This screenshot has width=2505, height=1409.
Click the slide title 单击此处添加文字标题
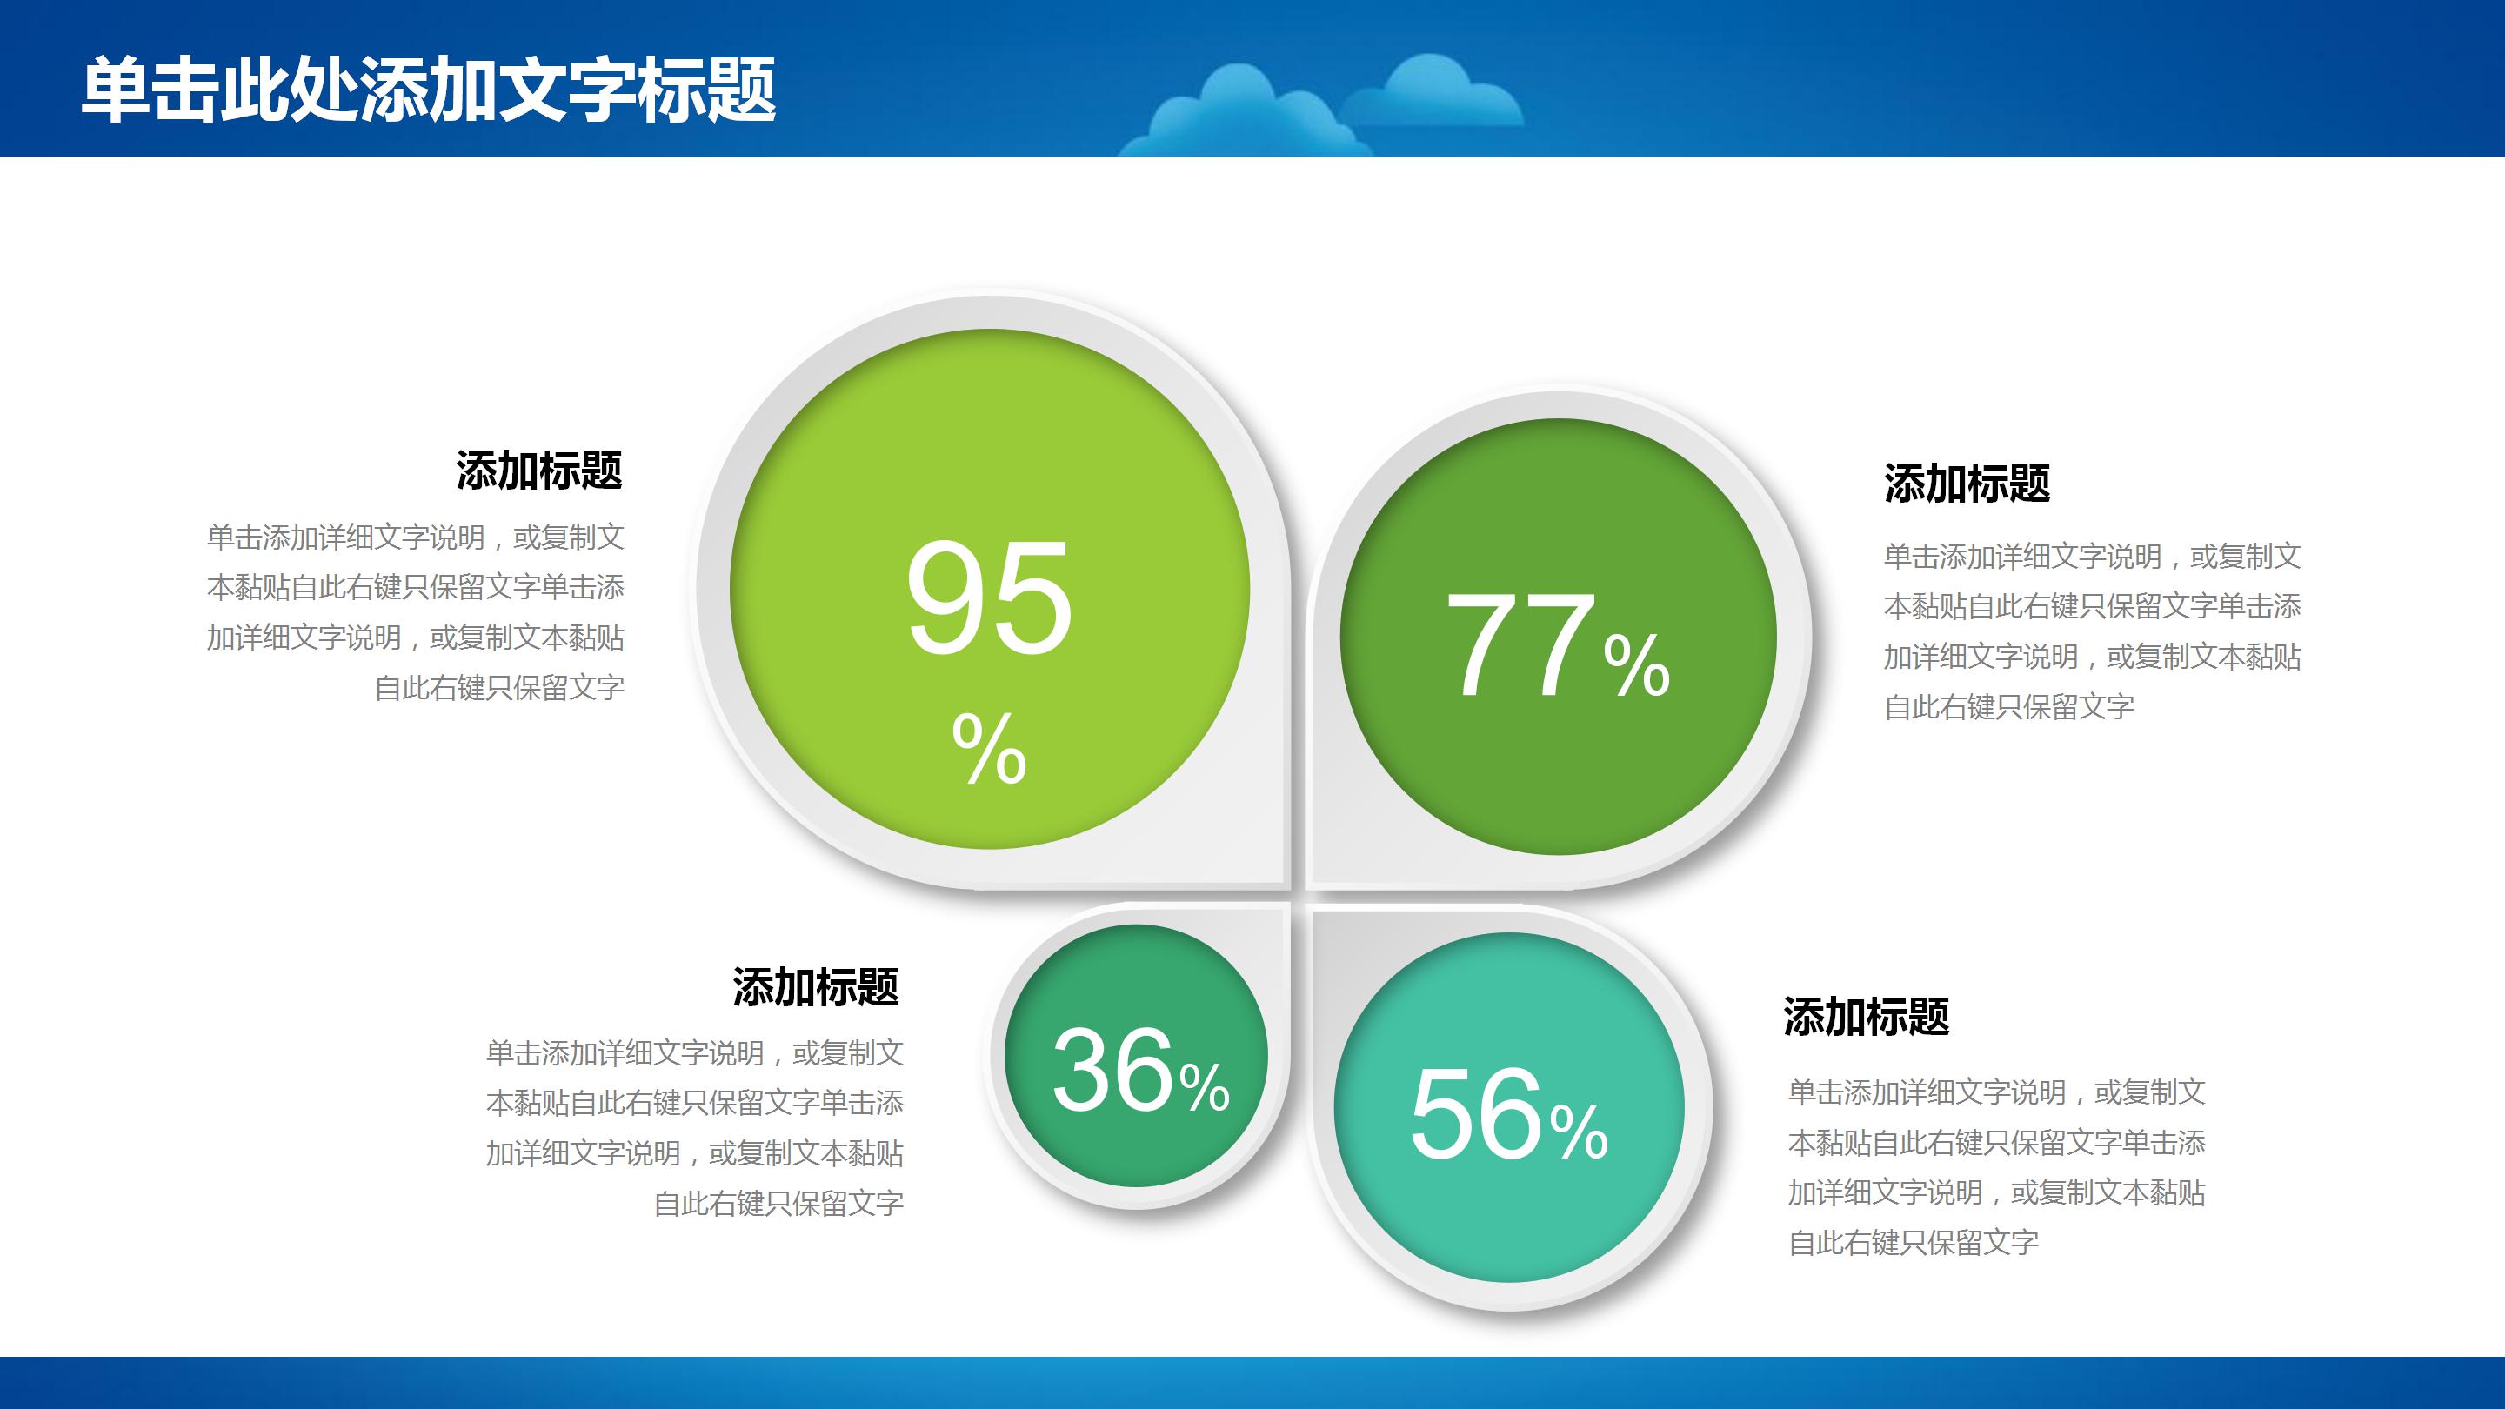click(428, 90)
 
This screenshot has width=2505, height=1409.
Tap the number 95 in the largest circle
click(989, 598)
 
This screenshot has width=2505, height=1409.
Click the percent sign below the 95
click(989, 749)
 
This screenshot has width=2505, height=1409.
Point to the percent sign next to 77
click(1637, 665)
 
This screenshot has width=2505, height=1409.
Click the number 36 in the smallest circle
click(1112, 1071)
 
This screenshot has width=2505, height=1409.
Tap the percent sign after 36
click(1205, 1086)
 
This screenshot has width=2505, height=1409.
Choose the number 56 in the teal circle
click(1475, 1113)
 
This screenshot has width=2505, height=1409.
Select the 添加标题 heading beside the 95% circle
click(538, 471)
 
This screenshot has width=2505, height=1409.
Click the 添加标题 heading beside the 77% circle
click(1967, 484)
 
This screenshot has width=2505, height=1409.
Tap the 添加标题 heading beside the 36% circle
click(815, 987)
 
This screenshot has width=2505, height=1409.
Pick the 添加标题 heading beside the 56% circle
click(1866, 1016)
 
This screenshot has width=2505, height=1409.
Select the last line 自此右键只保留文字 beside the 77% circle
click(2009, 707)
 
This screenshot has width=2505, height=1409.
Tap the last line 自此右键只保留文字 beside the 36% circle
click(779, 1204)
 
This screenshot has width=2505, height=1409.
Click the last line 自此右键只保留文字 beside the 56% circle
click(1913, 1243)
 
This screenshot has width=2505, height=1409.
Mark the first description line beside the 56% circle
click(1996, 1092)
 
